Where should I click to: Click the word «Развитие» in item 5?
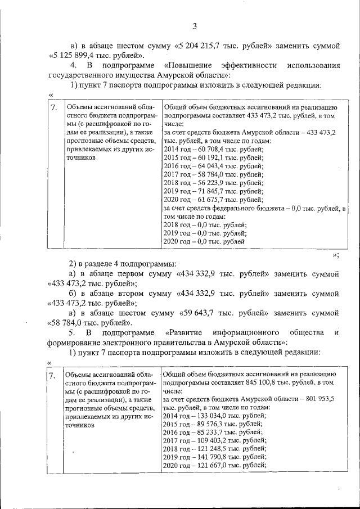184,332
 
